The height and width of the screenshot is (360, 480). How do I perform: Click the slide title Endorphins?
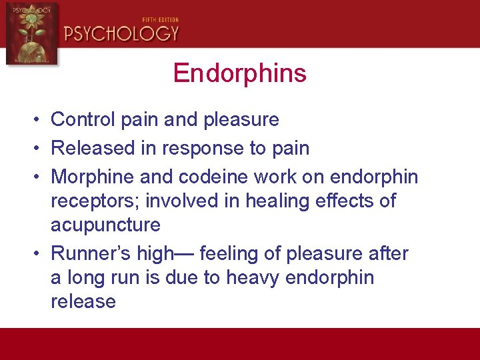(239, 73)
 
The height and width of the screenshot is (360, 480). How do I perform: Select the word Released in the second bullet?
(93, 148)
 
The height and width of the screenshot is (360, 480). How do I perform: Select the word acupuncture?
(105, 225)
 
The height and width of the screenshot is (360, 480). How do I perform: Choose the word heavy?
(253, 277)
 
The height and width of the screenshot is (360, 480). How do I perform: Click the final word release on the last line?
(83, 301)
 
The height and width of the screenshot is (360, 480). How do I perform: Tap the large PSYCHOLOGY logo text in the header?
(122, 33)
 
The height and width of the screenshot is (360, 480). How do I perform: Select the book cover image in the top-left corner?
(31, 33)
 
